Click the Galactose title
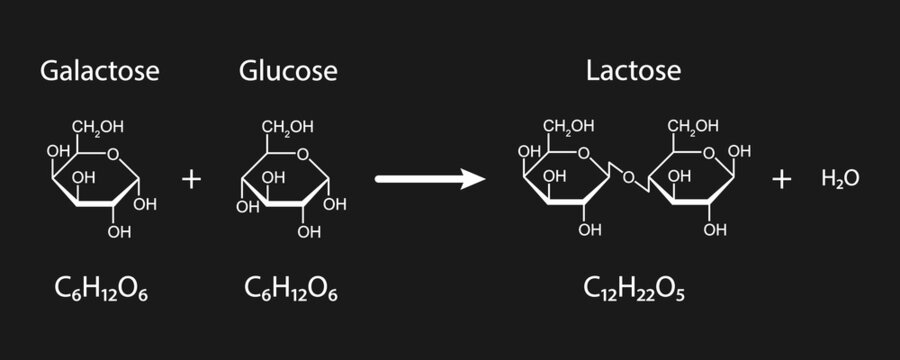click(x=99, y=72)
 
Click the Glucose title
click(x=288, y=72)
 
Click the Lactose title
click(x=633, y=72)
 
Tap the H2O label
click(x=839, y=179)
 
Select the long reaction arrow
click(x=429, y=179)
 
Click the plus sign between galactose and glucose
click(x=191, y=179)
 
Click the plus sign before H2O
click(x=782, y=179)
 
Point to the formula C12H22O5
click(x=634, y=289)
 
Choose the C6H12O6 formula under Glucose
click(x=290, y=289)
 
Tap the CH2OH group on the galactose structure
click(x=97, y=126)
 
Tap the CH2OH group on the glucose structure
click(x=288, y=126)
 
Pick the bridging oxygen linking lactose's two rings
click(x=627, y=178)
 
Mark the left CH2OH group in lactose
click(x=569, y=126)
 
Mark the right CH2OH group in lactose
click(x=693, y=126)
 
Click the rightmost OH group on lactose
click(x=740, y=152)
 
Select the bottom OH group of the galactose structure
click(x=120, y=232)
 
